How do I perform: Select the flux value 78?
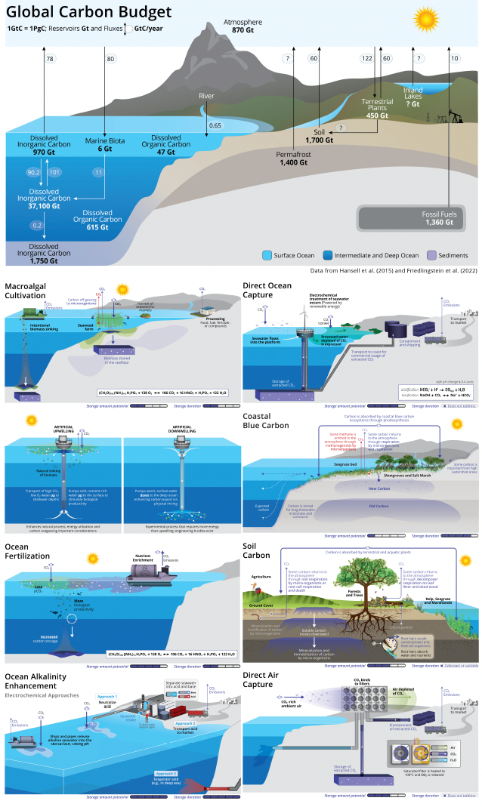pyautogui.click(x=49, y=59)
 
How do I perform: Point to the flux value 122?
pyautogui.click(x=368, y=59)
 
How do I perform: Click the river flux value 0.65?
pyautogui.click(x=215, y=125)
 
